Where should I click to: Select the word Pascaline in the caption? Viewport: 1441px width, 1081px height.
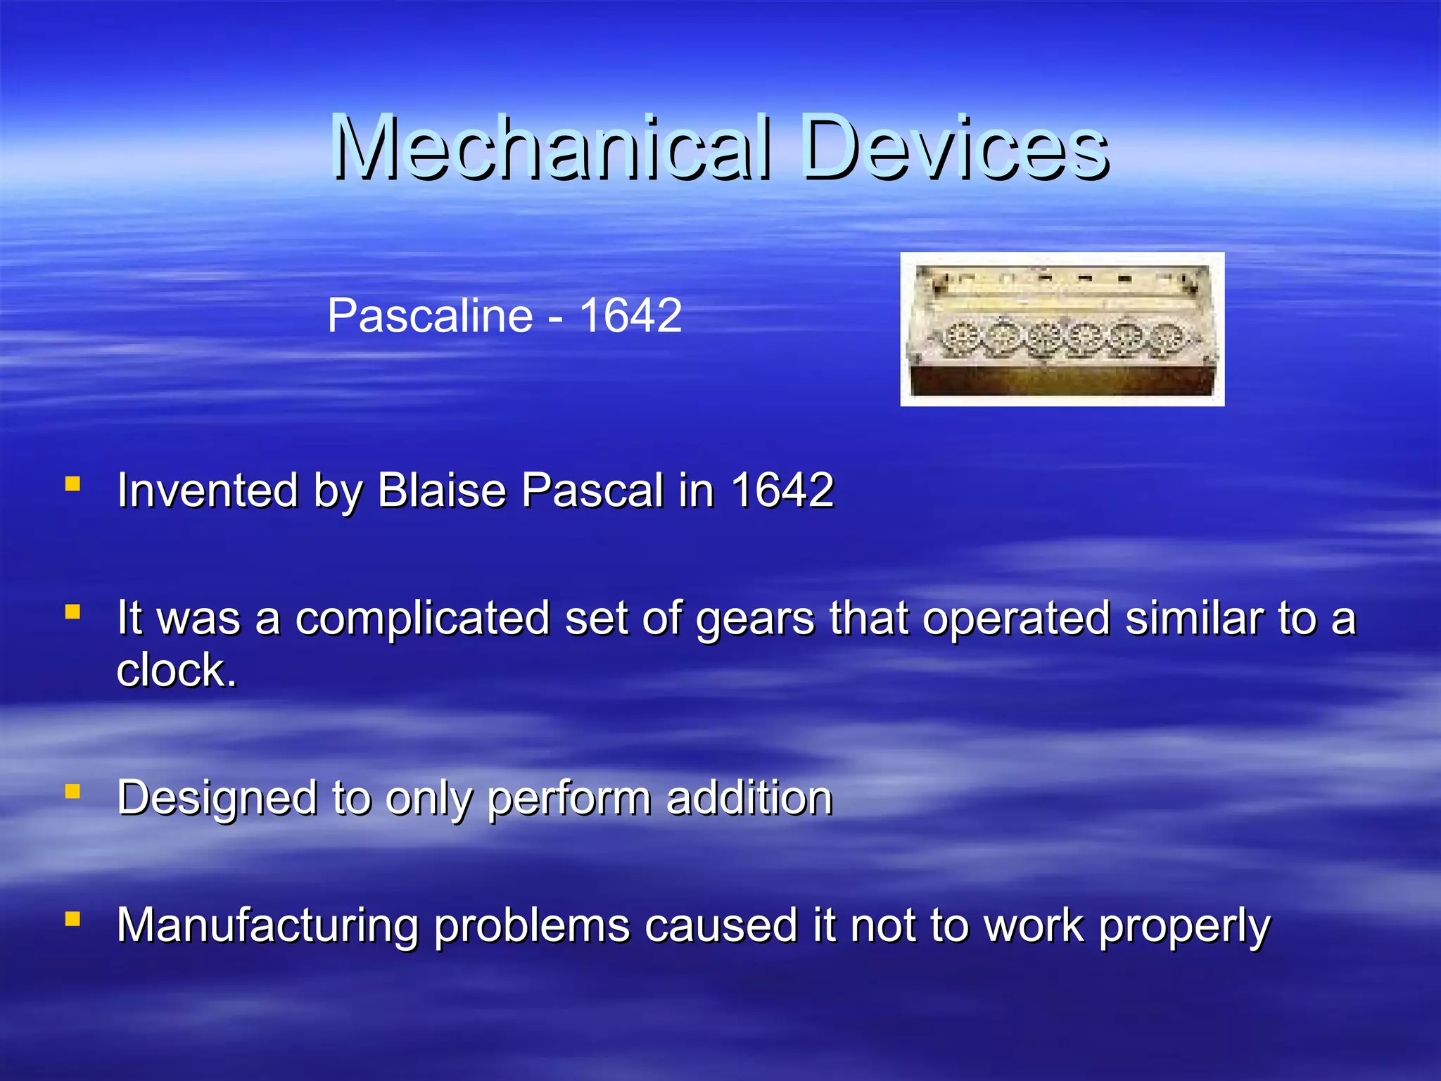click(430, 315)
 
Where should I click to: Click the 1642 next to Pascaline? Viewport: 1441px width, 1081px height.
click(630, 315)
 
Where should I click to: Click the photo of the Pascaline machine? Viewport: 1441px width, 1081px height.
click(1062, 329)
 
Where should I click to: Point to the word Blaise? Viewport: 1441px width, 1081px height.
click(442, 490)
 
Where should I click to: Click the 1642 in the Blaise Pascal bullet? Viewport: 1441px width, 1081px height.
click(782, 490)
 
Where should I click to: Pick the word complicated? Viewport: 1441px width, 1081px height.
click(422, 618)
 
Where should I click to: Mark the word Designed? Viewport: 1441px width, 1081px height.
click(217, 799)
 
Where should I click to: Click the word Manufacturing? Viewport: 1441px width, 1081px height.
click(268, 925)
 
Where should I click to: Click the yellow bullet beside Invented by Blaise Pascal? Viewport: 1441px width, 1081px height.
click(72, 483)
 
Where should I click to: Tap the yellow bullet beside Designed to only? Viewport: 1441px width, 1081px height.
click(72, 792)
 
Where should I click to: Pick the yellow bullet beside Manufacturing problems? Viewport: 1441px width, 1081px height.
click(72, 918)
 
